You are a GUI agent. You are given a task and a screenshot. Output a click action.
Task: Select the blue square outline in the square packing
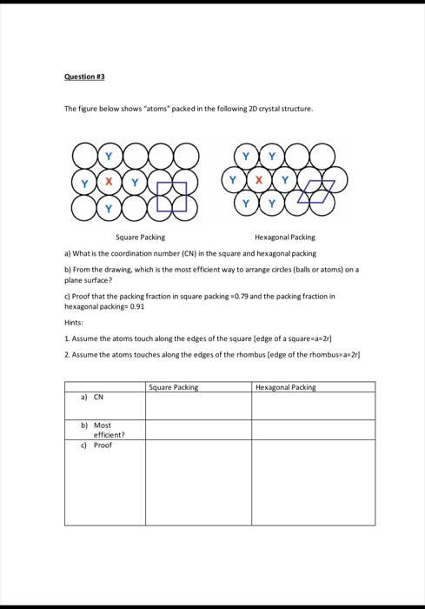pyautogui.click(x=171, y=197)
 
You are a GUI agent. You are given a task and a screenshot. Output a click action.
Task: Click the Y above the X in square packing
pyautogui.click(x=108, y=157)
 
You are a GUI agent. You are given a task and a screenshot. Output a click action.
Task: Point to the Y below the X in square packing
pyautogui.click(x=108, y=208)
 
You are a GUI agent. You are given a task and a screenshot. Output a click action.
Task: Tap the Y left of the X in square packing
pyautogui.click(x=83, y=183)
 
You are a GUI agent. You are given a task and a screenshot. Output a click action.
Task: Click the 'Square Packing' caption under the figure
pyautogui.click(x=141, y=237)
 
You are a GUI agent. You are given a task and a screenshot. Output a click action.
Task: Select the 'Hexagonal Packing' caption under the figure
pyautogui.click(x=285, y=237)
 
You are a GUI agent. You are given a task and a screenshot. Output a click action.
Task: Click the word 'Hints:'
pyautogui.click(x=75, y=322)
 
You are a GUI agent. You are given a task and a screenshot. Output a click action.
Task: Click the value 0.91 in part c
pyautogui.click(x=136, y=307)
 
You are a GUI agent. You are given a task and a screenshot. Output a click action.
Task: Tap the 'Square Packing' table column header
pyautogui.click(x=174, y=387)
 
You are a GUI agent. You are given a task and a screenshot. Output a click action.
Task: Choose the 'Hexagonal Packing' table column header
pyautogui.click(x=286, y=387)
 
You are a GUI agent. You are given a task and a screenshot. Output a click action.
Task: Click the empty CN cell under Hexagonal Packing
pyautogui.click(x=313, y=406)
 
